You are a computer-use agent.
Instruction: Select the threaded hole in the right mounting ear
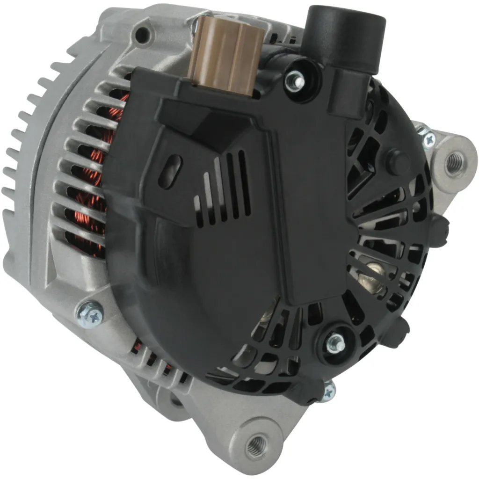pos(453,163)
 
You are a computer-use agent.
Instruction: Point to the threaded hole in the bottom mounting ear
pos(256,441)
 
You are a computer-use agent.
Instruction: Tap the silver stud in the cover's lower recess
pos(336,343)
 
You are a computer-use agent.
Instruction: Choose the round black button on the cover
pos(397,160)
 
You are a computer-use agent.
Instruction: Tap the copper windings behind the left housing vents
pos(89,187)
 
